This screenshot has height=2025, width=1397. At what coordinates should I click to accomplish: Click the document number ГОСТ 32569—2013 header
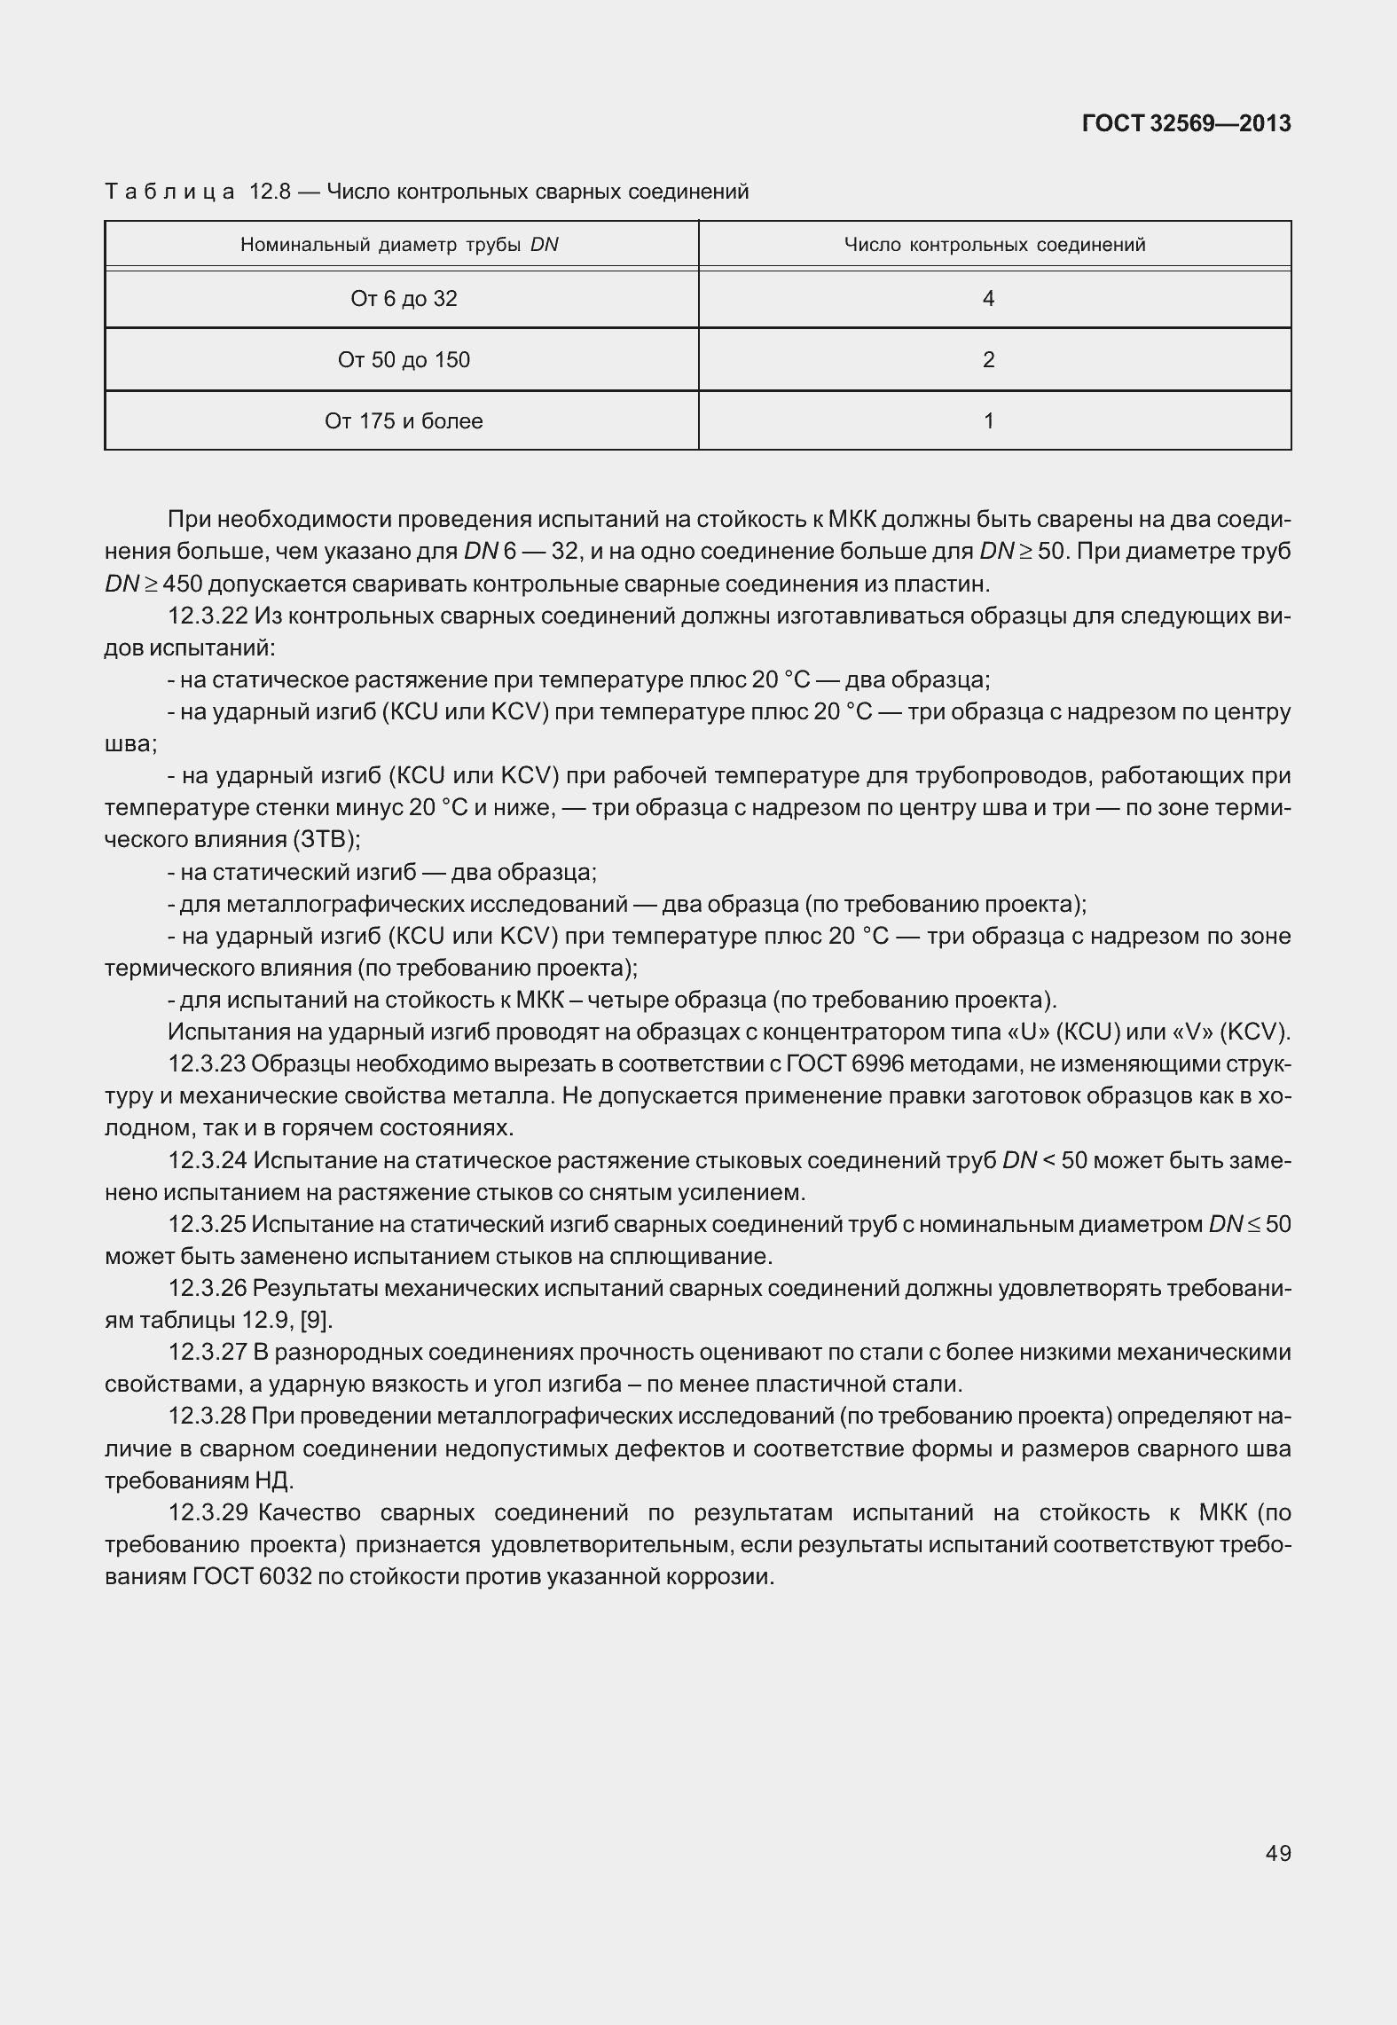tap(1186, 123)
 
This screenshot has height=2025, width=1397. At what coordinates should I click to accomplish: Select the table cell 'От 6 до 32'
tap(404, 299)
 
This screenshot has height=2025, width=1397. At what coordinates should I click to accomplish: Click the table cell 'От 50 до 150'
tap(404, 360)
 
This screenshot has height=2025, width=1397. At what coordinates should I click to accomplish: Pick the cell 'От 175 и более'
tap(404, 421)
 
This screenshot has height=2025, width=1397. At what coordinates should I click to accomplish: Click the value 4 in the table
tap(988, 299)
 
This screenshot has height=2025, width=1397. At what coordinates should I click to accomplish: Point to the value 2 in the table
tap(988, 360)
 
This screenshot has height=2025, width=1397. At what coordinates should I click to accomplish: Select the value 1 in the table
tap(988, 421)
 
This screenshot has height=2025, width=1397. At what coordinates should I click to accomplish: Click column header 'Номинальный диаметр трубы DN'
tap(399, 245)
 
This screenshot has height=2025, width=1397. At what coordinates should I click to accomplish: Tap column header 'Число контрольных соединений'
tap(994, 245)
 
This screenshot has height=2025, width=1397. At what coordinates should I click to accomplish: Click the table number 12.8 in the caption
tap(271, 192)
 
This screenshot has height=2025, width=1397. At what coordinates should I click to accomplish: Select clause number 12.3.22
tap(208, 616)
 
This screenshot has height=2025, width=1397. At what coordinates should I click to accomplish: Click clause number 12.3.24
tap(208, 1160)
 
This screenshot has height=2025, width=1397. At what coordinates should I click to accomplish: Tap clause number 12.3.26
tap(208, 1288)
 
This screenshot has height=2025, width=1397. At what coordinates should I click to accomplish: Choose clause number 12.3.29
tap(208, 1512)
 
